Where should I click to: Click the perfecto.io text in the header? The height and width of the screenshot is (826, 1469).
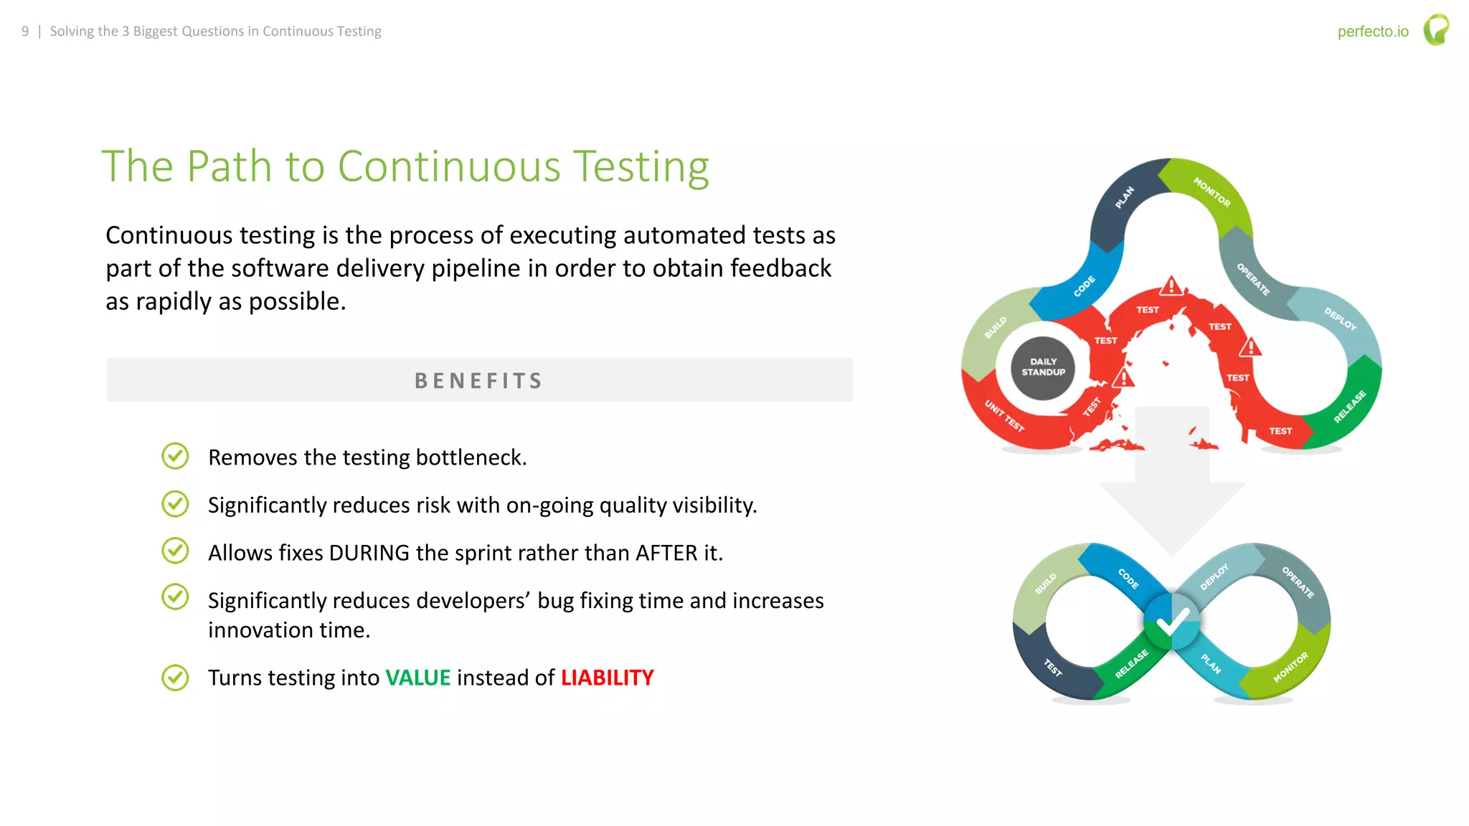tap(1372, 32)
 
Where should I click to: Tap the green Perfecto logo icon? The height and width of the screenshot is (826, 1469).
tap(1436, 30)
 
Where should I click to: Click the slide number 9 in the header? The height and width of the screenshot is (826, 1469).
tap(25, 32)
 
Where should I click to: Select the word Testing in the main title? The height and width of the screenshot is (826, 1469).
tap(641, 167)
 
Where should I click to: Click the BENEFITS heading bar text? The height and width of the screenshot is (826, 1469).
tap(479, 381)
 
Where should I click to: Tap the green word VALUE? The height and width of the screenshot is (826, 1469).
tap(417, 678)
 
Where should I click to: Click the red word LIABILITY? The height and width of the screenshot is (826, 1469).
tap(607, 678)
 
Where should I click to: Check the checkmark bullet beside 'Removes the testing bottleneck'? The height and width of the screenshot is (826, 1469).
tap(175, 456)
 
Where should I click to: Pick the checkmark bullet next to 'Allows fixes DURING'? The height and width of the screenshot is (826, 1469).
tap(175, 551)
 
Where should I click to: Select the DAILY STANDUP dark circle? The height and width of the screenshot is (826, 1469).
tap(1043, 367)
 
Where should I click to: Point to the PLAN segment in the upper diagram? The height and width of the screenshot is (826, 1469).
tap(1124, 197)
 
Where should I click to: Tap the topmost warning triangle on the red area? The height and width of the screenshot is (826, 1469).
tap(1171, 286)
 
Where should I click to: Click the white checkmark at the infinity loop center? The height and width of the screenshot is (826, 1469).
tap(1172, 622)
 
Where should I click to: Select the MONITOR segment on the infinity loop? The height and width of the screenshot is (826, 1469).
tap(1290, 668)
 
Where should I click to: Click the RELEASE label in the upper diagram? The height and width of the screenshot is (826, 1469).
tap(1349, 407)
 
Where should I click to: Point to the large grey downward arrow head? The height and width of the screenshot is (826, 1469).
tap(1172, 516)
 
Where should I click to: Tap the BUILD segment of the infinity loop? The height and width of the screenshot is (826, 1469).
tap(1045, 583)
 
